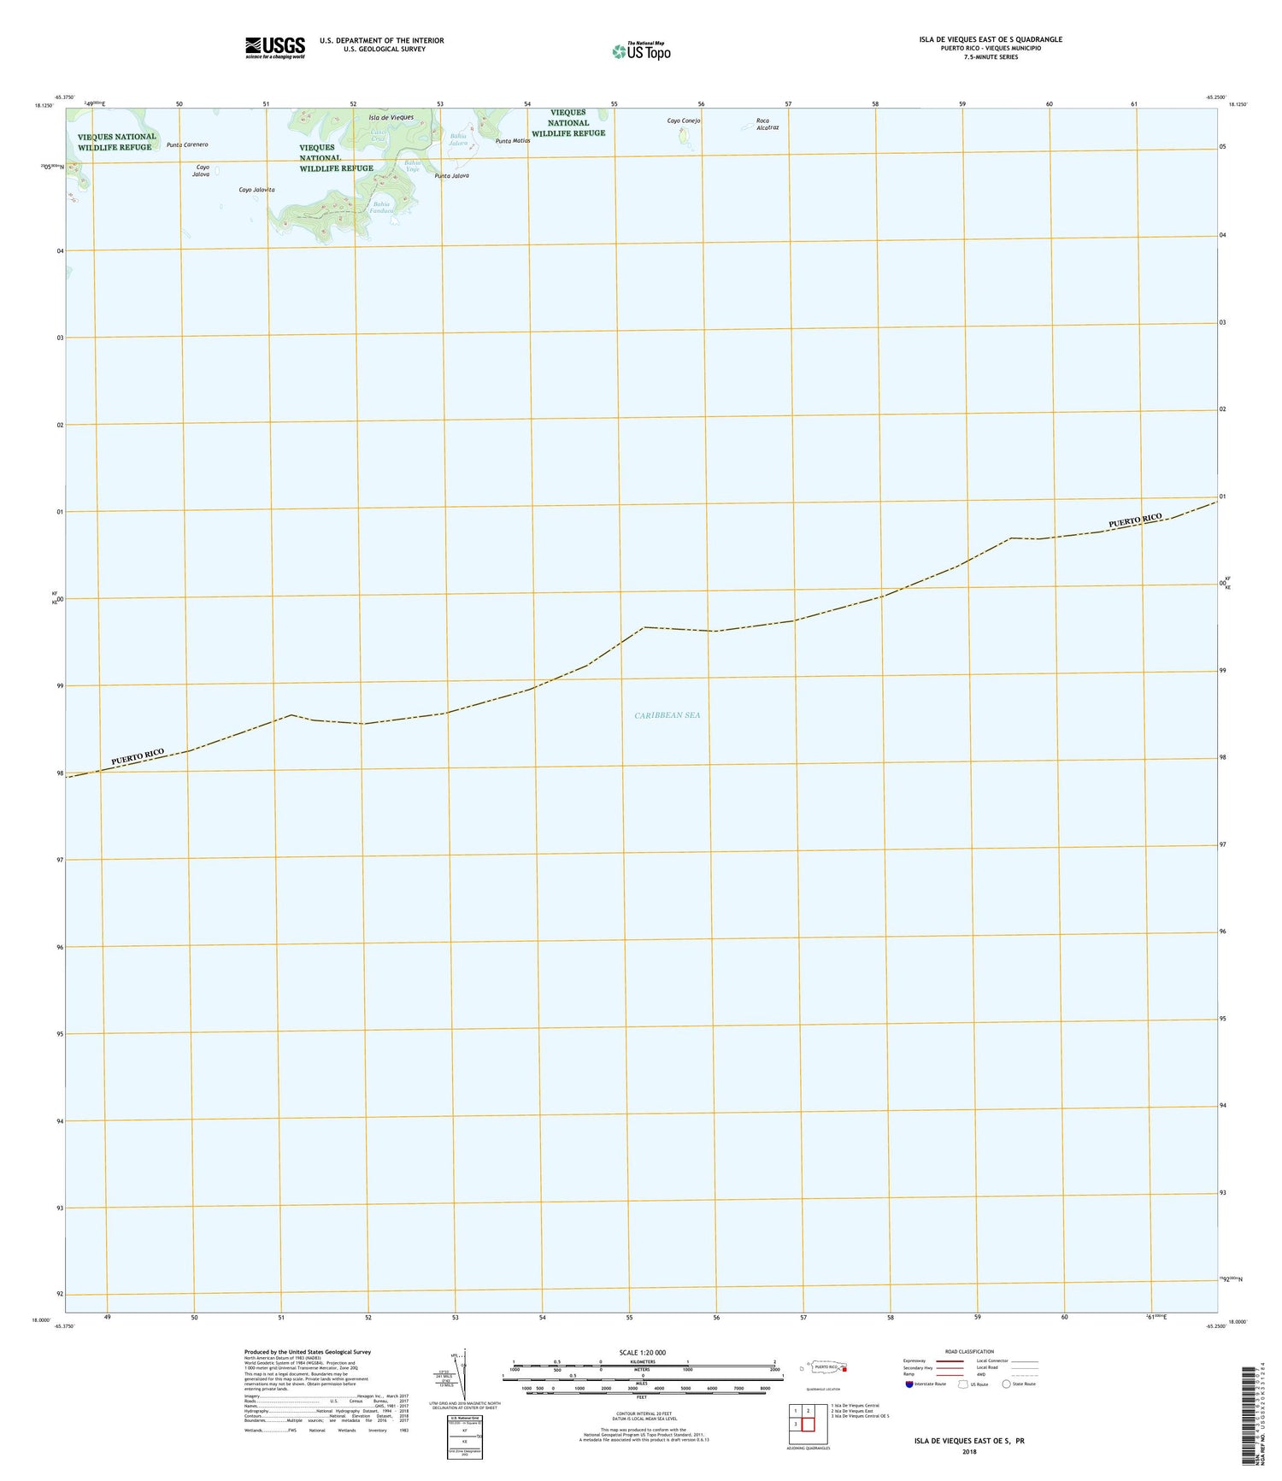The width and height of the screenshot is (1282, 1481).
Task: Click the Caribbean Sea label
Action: (x=667, y=715)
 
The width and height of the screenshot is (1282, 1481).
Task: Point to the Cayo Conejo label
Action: (x=684, y=121)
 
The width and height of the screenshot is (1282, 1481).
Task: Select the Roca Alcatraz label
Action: (x=767, y=124)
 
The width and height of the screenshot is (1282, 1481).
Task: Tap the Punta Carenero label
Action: (x=187, y=145)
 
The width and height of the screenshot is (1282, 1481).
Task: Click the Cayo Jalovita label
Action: (x=256, y=190)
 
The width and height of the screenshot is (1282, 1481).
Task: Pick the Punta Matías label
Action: (x=513, y=141)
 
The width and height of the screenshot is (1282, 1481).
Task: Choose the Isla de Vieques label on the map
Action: (x=391, y=118)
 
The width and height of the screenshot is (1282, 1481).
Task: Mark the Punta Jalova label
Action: (x=451, y=176)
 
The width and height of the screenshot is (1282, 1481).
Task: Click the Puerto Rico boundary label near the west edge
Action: (x=138, y=756)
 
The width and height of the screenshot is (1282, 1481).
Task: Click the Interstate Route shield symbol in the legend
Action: (x=909, y=1384)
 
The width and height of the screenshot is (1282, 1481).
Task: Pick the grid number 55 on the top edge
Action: (x=614, y=104)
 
